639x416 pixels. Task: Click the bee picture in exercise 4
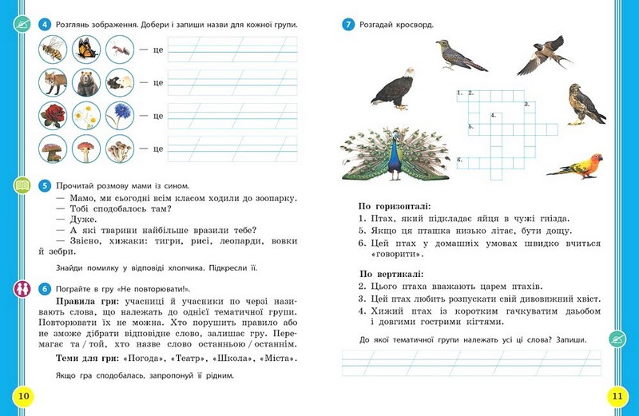pos(53,50)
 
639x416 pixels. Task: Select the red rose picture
pos(53,116)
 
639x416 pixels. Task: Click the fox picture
pos(53,82)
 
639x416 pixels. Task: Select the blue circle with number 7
pos(347,24)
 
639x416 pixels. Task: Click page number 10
pos(23,395)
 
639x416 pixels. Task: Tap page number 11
pos(616,395)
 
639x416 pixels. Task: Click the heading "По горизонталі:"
pos(395,206)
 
